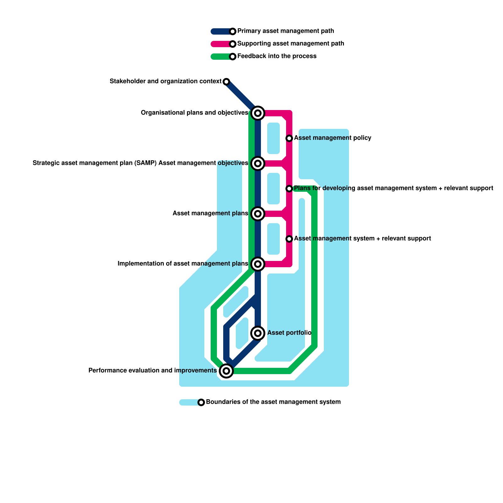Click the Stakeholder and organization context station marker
coord(226,82)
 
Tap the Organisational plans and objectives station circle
coord(258,113)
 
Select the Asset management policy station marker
coord(289,138)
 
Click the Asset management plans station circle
coord(258,214)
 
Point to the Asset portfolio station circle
coord(258,333)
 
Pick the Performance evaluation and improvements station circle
coord(226,371)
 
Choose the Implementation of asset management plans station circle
coord(258,264)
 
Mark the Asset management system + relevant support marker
coord(289,239)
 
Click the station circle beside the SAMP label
coord(258,163)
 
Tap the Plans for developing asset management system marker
coord(289,189)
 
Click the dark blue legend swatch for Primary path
coord(220,31)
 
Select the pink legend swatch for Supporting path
coord(220,44)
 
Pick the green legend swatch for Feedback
coord(220,57)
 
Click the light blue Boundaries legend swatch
coord(189,402)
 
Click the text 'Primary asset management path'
coord(285,31)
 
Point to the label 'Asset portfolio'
coord(289,333)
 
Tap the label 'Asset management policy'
coord(333,138)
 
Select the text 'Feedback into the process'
coord(277,56)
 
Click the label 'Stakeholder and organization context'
coord(165,81)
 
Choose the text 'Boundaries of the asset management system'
coord(273,402)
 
